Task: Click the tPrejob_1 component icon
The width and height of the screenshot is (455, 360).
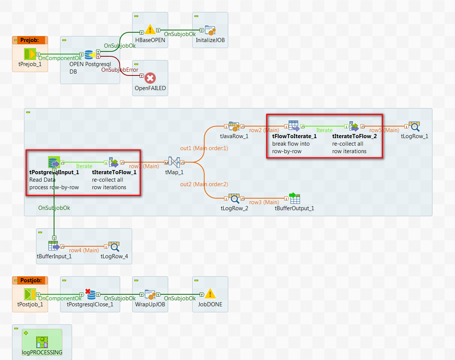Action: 30,54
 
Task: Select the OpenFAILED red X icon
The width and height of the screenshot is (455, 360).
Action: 150,78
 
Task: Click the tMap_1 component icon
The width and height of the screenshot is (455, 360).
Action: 173,163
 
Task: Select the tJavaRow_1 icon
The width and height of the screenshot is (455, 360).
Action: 234,127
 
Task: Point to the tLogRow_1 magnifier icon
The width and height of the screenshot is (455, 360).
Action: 414,127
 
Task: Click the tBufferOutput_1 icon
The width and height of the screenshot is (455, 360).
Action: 294,198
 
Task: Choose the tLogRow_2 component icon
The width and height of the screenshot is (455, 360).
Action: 235,199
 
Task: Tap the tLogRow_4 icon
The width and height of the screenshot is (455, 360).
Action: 114,247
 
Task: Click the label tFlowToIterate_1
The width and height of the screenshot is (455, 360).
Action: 294,136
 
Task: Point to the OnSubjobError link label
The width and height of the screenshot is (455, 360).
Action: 120,70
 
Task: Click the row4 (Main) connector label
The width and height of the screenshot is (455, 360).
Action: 84,250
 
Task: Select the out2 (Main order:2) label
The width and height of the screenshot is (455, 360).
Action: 204,184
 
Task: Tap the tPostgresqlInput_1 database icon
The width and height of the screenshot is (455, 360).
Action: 54,163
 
